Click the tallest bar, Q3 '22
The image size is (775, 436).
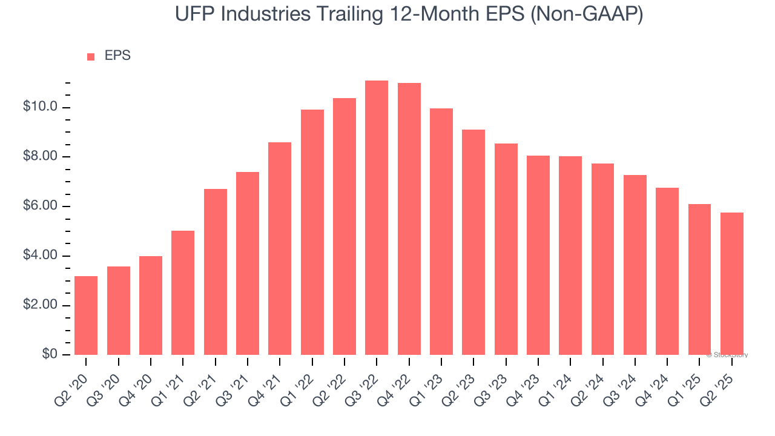click(377, 218)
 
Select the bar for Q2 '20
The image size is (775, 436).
click(86, 315)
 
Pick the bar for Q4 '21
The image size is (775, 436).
click(280, 248)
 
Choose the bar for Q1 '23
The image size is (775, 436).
click(441, 231)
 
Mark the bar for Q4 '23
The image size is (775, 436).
click(538, 255)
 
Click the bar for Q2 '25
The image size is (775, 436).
click(732, 283)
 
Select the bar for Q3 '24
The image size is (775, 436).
click(635, 265)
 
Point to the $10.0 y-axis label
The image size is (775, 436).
click(40, 108)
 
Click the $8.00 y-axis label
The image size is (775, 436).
click(40, 157)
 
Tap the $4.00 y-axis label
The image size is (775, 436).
click(40, 256)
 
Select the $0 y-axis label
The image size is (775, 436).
click(50, 355)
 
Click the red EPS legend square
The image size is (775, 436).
click(91, 57)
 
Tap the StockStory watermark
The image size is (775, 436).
click(728, 355)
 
